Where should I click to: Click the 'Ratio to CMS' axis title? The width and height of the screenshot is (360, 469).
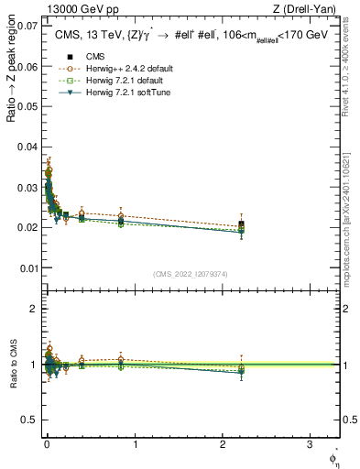point(13,365)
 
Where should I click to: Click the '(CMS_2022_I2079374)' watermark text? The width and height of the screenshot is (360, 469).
point(191,274)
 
